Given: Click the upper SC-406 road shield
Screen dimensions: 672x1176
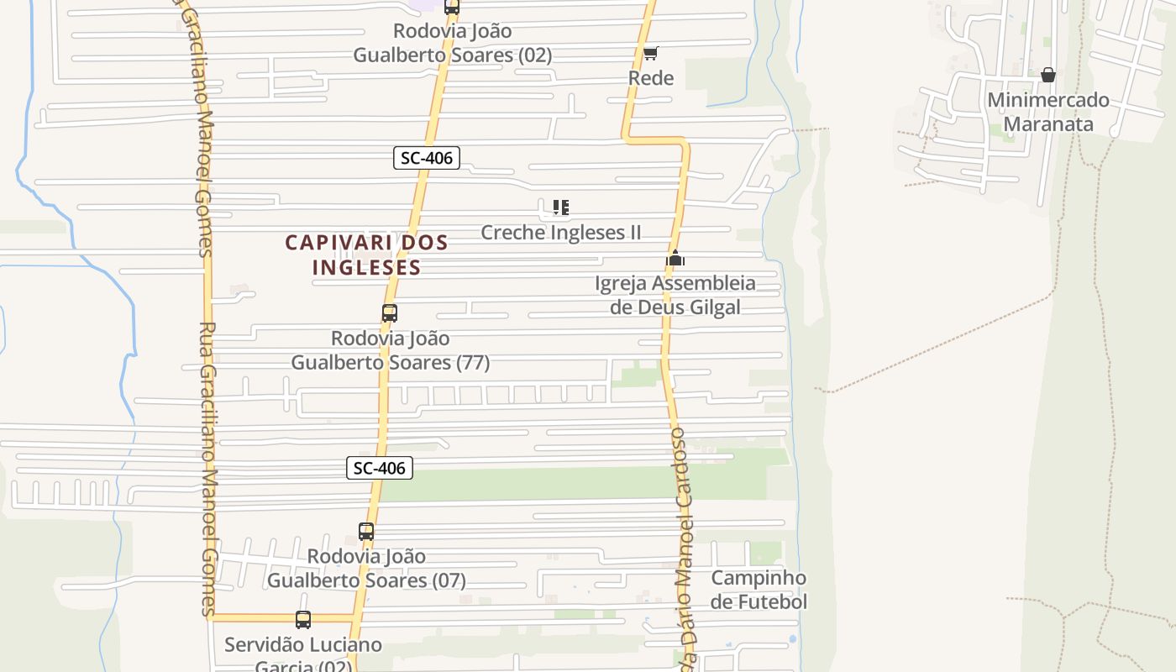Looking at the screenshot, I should (427, 158).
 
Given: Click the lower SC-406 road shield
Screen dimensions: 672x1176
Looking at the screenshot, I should (380, 469).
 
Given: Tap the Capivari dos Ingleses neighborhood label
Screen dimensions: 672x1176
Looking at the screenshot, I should (366, 255).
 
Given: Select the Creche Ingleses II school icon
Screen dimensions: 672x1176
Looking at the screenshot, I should (561, 207).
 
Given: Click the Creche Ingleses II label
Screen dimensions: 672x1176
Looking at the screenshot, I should (560, 233).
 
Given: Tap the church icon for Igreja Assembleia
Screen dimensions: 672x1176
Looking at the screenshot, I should (675, 259).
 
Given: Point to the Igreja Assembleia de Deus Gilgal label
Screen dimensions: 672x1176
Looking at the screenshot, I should (675, 295).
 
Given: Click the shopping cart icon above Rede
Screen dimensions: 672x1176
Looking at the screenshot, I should (651, 54).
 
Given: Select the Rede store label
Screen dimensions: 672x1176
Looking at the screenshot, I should (651, 78).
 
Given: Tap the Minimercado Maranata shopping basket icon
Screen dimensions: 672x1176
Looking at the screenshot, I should (1047, 75).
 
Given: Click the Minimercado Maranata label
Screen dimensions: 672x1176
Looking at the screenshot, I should (1048, 112).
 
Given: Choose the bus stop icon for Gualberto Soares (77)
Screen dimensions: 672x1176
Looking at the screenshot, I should (389, 313).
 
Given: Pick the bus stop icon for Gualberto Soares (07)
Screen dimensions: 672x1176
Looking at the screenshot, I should (366, 532).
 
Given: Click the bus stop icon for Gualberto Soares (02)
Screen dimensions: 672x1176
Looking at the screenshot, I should (452, 8).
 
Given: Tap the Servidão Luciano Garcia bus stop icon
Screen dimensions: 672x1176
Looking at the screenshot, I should (303, 620).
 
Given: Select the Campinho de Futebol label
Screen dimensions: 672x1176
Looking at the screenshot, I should (759, 590).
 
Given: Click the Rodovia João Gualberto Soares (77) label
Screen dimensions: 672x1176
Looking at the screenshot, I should (391, 350).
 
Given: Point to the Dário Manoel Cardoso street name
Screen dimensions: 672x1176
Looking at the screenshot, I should (685, 546).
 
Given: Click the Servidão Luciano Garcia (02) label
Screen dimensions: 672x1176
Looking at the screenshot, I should (303, 656).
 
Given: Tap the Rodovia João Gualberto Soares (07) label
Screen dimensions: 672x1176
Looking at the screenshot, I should (366, 568).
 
